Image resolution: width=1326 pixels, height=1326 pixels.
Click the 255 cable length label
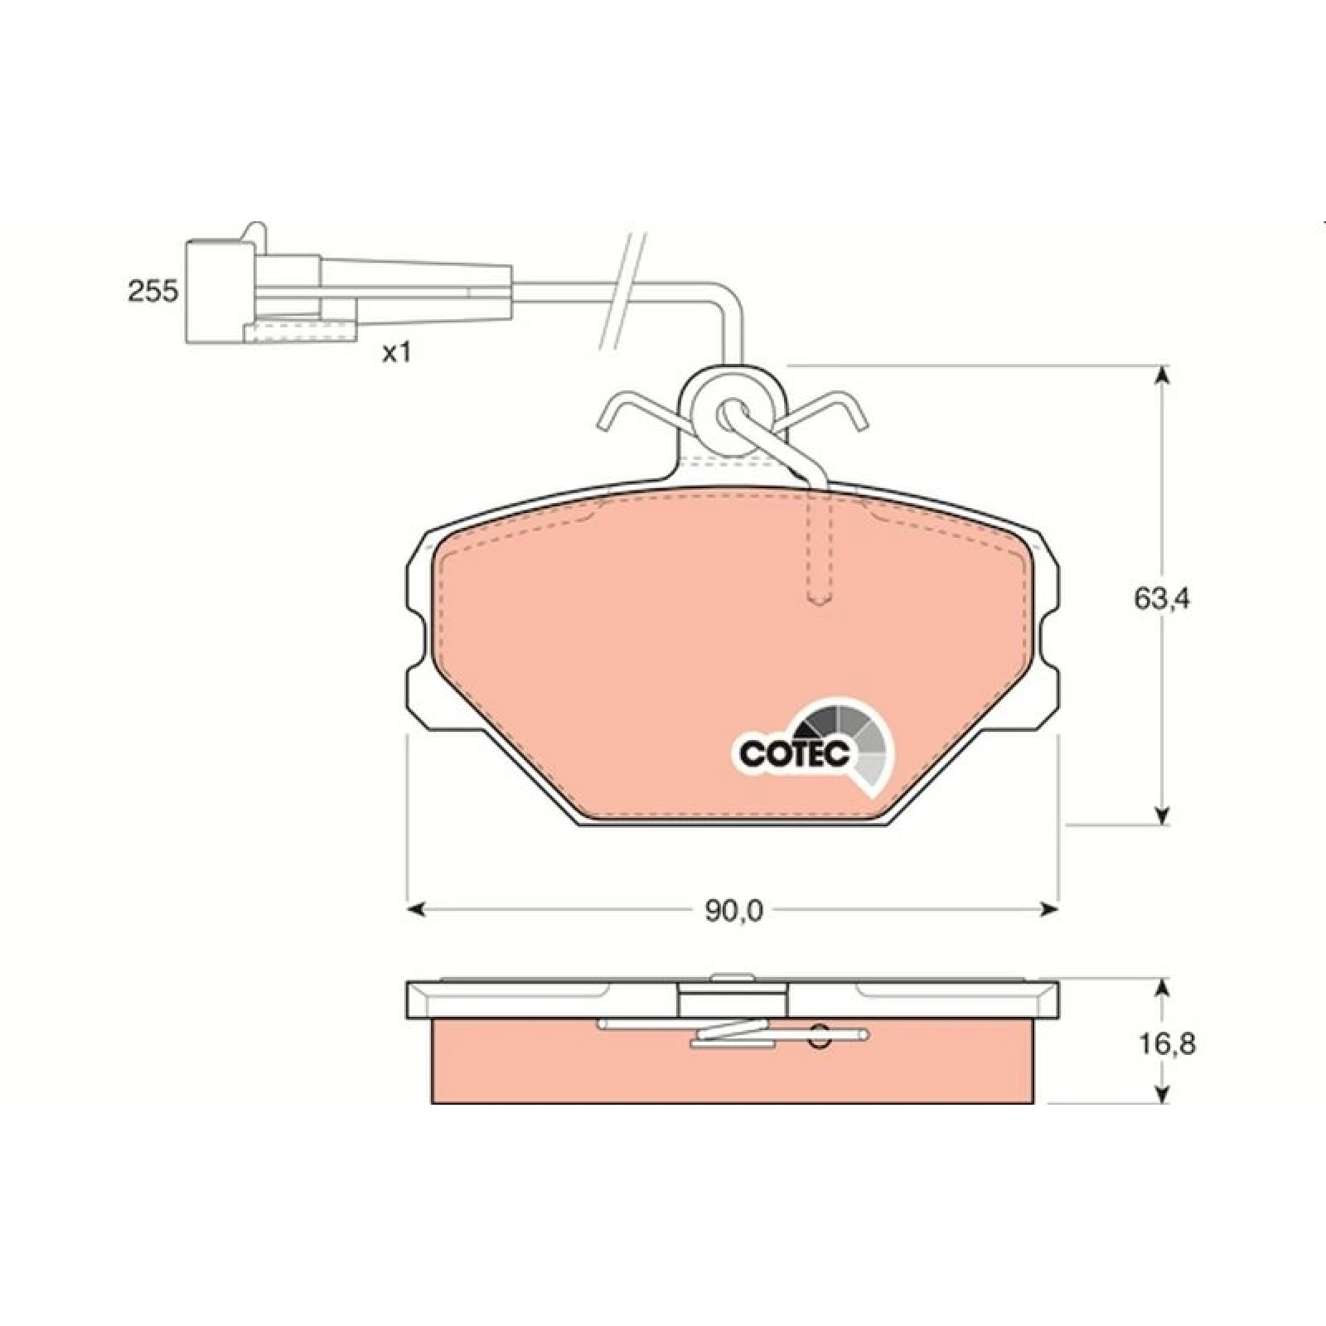pyautogui.click(x=152, y=291)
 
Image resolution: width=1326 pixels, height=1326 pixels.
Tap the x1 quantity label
pyautogui.click(x=396, y=353)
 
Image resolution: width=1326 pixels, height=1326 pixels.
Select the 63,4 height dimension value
pyautogui.click(x=1162, y=598)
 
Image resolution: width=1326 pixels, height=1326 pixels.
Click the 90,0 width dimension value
pyautogui.click(x=733, y=911)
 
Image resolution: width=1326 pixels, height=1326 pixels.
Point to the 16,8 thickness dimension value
pyautogui.click(x=1166, y=1043)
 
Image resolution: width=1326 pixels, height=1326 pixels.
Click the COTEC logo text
pyautogui.click(x=795, y=753)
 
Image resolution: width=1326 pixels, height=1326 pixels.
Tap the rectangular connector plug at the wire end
pyautogui.click(x=220, y=290)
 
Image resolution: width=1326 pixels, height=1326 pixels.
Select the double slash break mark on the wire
pyautogui.click(x=623, y=290)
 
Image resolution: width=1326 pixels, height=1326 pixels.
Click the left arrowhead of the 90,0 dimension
pyautogui.click(x=417, y=910)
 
